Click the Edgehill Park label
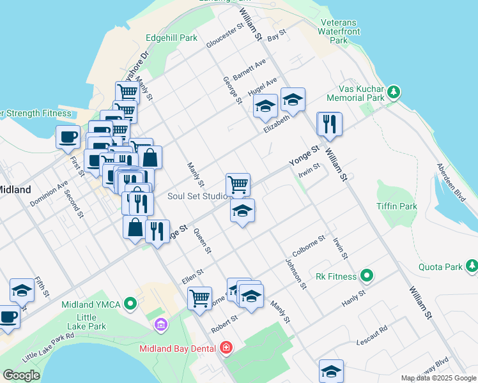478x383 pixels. [x=171, y=38]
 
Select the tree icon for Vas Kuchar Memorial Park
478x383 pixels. [x=395, y=93]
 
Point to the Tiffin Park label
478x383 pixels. [x=397, y=206]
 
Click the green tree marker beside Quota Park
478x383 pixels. [x=472, y=264]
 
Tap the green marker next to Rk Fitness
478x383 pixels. [x=366, y=276]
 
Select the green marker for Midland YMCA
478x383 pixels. [x=131, y=304]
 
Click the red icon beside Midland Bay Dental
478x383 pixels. [x=225, y=348]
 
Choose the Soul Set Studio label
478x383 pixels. [x=197, y=196]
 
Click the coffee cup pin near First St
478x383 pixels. [x=68, y=137]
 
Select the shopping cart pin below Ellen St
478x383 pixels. [x=200, y=297]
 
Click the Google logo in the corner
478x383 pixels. [x=21, y=375]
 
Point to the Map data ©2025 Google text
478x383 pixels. [x=438, y=378]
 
